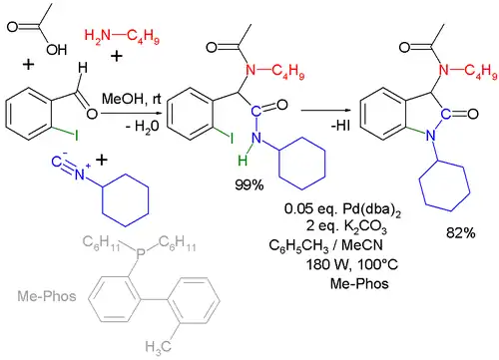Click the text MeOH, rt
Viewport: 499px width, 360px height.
pyautogui.click(x=125, y=99)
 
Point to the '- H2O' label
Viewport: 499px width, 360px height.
pyautogui.click(x=124, y=121)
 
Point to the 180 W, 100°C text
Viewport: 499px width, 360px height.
pyautogui.click(x=344, y=264)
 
